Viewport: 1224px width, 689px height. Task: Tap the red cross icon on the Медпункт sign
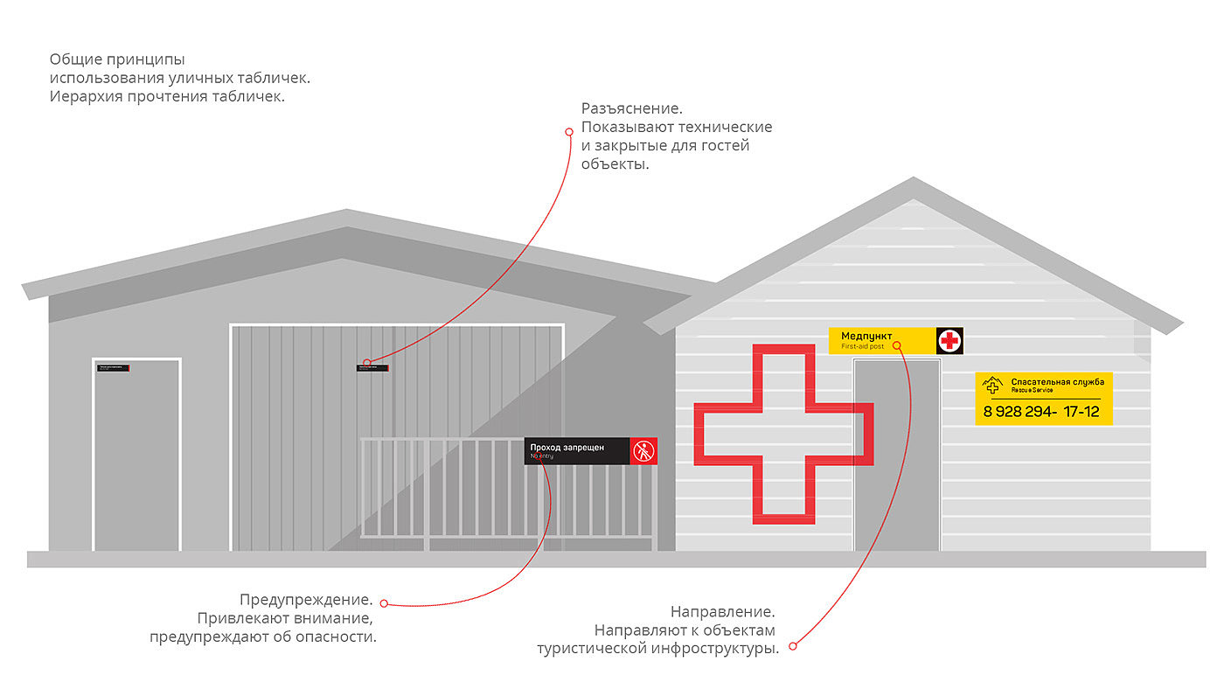click(949, 340)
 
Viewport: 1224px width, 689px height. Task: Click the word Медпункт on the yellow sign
click(866, 336)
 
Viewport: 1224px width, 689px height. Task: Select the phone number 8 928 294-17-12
click(1041, 411)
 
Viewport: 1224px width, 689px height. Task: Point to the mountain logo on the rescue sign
click(991, 385)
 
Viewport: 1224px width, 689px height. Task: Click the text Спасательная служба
click(1057, 381)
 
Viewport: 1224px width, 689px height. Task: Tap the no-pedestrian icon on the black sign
click(643, 451)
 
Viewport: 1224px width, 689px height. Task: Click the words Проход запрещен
click(567, 448)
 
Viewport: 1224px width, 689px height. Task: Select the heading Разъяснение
click(631, 108)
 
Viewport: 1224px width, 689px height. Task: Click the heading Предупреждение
click(306, 601)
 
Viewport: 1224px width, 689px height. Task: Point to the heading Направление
click(722, 611)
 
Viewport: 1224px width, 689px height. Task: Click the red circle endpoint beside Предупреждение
click(383, 603)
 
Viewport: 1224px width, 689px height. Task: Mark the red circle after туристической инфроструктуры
click(792, 647)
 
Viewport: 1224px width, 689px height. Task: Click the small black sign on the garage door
click(372, 367)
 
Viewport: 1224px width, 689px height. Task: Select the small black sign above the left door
click(114, 368)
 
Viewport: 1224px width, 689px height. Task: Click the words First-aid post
click(863, 347)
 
